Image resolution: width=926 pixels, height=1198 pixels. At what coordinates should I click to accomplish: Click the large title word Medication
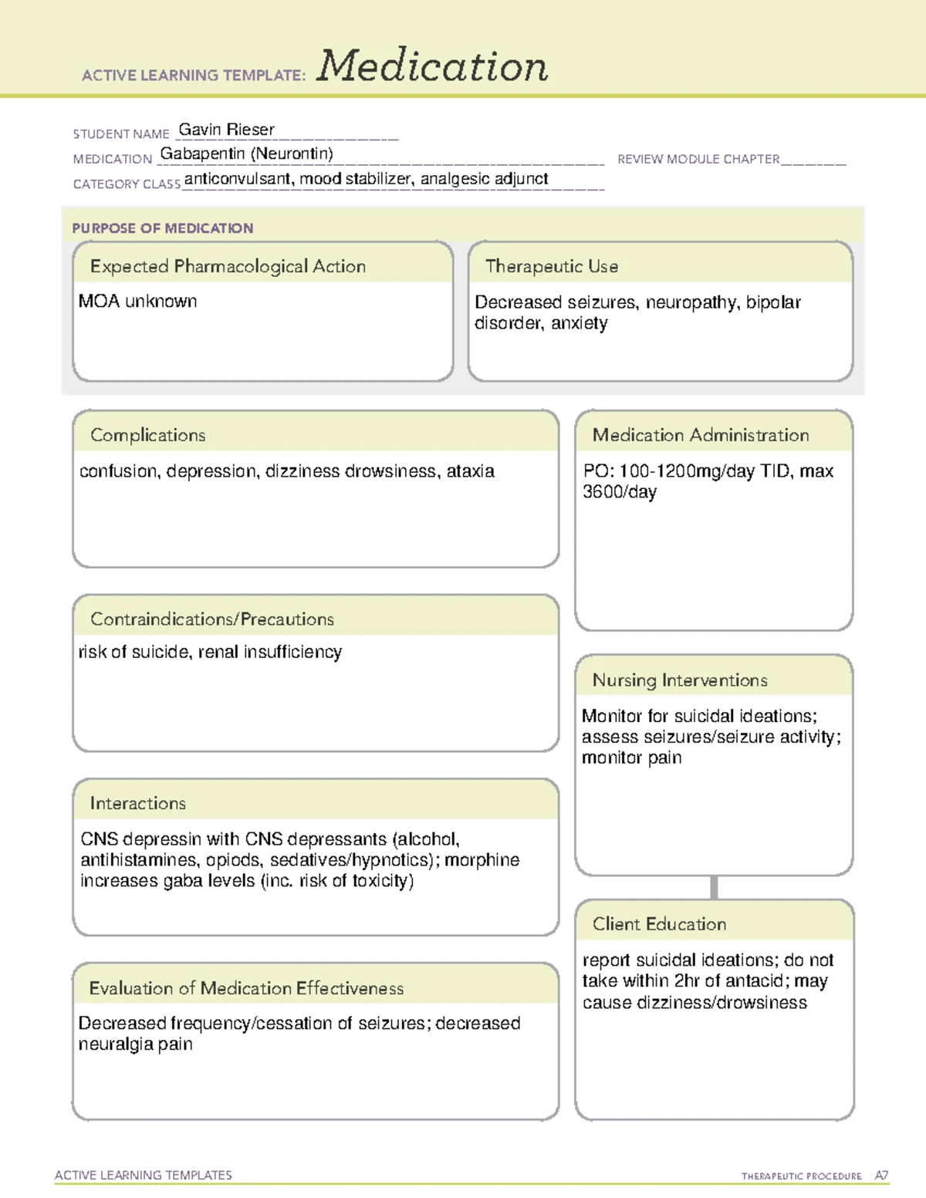point(432,66)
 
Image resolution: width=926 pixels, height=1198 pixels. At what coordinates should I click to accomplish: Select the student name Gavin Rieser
point(226,130)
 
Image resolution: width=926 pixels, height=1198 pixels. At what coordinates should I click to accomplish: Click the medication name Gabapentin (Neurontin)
point(246,154)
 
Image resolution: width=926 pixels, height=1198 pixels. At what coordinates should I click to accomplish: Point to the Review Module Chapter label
point(698,159)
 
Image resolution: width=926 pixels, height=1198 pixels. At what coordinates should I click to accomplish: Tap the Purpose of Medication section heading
point(162,228)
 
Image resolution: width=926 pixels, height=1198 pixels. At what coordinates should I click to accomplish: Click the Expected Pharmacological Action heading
point(228,266)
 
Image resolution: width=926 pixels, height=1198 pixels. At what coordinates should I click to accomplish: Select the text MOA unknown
point(137,302)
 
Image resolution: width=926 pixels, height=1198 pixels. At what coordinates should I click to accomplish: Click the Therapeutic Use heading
point(551,266)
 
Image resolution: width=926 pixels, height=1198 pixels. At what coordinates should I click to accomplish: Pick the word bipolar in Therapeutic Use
point(773,302)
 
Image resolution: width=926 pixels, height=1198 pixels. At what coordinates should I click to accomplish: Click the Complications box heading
point(147,435)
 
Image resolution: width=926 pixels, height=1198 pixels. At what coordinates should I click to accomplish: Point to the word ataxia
point(470,471)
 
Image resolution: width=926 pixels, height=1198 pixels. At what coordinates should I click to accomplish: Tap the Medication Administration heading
point(700,435)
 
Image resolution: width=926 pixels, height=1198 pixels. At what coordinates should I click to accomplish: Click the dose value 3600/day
point(620,492)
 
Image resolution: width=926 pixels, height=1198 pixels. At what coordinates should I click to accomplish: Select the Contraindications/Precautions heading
point(211,619)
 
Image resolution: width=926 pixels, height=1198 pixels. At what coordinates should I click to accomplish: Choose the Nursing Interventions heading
point(679,680)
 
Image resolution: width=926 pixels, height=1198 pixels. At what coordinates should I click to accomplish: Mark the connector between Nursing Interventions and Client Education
point(714,887)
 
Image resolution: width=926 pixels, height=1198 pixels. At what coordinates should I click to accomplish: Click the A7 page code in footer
point(880,1176)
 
